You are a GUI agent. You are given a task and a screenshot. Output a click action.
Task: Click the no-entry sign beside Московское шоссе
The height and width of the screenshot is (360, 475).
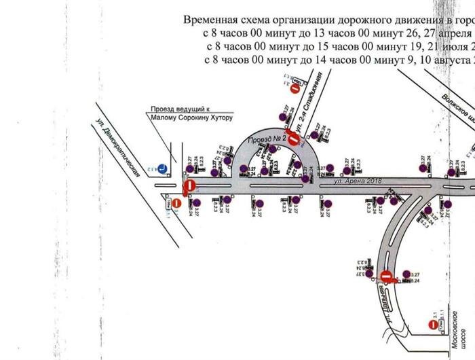pyautogui.click(x=434, y=325)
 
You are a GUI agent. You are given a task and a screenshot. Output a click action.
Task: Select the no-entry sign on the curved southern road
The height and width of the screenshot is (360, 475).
pyautogui.click(x=386, y=277)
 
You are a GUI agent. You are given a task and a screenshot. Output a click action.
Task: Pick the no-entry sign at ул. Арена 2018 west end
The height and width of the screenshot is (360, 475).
pyautogui.click(x=191, y=185)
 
